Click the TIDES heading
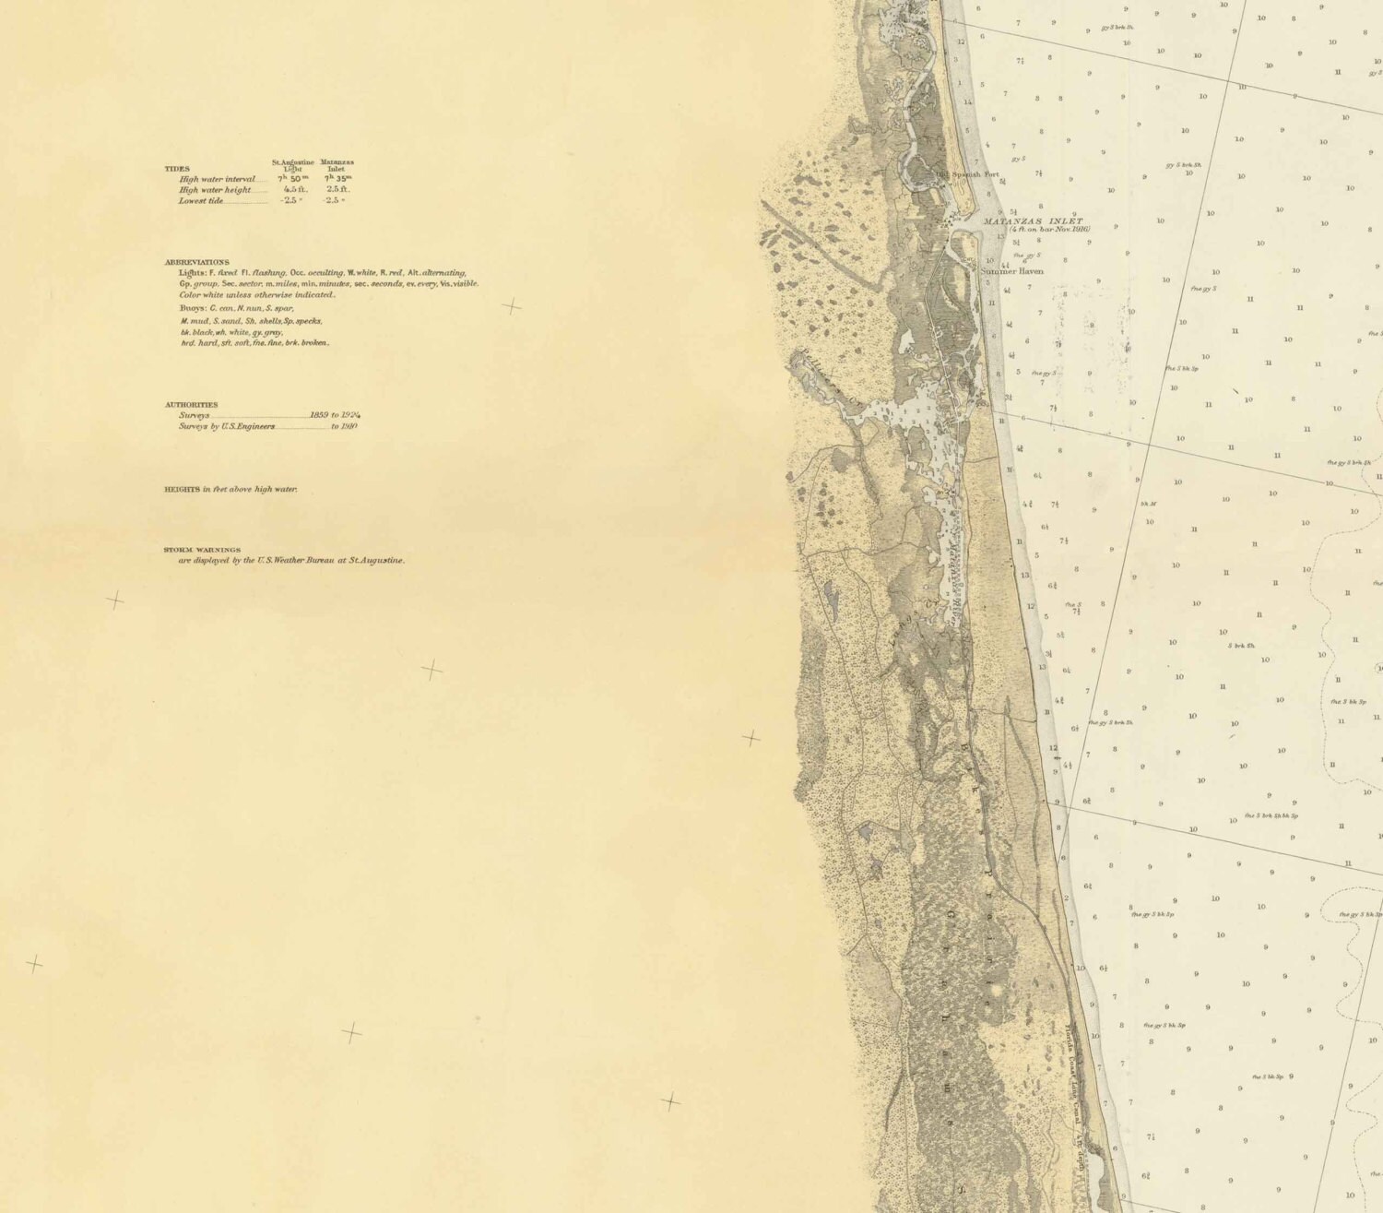pyautogui.click(x=177, y=169)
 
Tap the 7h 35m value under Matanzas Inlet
pyautogui.click(x=336, y=179)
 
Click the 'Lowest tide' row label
pyautogui.click(x=200, y=200)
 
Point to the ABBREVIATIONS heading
pyautogui.click(x=197, y=262)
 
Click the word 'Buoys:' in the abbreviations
pyautogui.click(x=194, y=307)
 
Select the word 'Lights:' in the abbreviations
pyautogui.click(x=195, y=273)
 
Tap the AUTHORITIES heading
pyautogui.click(x=192, y=404)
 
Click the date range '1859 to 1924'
pyautogui.click(x=334, y=415)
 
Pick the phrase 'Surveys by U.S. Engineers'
pyautogui.click(x=226, y=426)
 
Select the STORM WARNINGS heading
pyautogui.click(x=202, y=550)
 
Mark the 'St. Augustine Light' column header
pyautogui.click(x=292, y=165)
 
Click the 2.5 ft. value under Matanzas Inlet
pyautogui.click(x=337, y=189)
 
